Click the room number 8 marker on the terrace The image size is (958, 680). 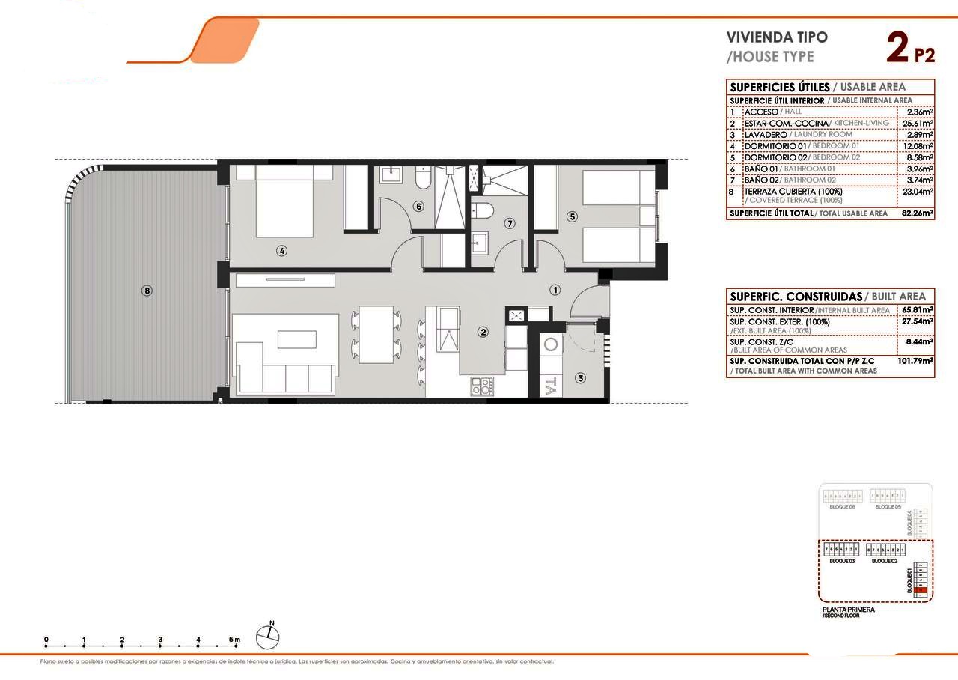147,291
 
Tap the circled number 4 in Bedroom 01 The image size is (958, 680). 281,251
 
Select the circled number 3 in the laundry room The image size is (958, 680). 580,379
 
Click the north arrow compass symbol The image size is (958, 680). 268,636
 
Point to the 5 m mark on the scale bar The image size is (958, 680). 235,640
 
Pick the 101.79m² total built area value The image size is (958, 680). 915,361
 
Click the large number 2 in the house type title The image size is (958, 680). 897,48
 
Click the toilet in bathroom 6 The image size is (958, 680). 423,180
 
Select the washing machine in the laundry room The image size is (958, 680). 552,344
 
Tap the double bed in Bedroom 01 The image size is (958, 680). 284,201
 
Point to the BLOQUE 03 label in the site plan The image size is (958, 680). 842,561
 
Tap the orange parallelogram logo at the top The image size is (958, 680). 225,40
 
